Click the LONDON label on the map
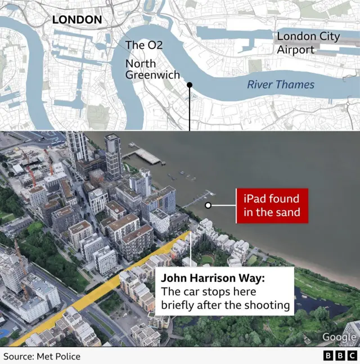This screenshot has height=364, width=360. pos(77,20)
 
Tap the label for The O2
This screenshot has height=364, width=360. pos(144,45)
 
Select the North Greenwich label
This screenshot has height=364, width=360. pos(152,69)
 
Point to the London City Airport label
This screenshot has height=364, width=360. pos(308,43)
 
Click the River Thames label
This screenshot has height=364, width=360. pos(281,85)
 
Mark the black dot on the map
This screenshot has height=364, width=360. pos(190,86)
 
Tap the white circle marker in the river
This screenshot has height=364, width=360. pos(208,206)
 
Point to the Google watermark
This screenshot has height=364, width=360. pos(339,337)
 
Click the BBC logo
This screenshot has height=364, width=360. pos(339,357)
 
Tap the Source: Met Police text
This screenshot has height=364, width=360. pos(42,357)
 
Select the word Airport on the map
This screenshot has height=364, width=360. pos(296,50)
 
